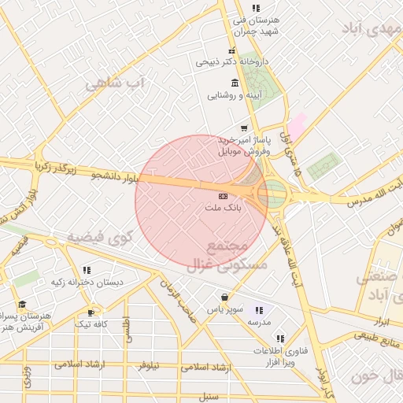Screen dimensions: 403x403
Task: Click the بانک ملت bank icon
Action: pyautogui.click(x=224, y=195)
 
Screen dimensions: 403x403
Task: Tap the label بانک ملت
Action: pyautogui.click(x=224, y=209)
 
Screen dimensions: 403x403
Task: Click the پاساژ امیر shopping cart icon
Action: pyautogui.click(x=244, y=128)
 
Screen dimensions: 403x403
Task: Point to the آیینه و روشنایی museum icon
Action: pyautogui.click(x=235, y=83)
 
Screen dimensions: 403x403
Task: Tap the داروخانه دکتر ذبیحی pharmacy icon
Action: pyautogui.click(x=231, y=51)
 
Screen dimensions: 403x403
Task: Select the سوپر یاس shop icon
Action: pyautogui.click(x=226, y=298)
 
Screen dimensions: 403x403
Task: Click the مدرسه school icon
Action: pyautogui.click(x=259, y=311)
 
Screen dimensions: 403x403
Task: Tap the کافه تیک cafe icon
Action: pyautogui.click(x=91, y=312)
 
